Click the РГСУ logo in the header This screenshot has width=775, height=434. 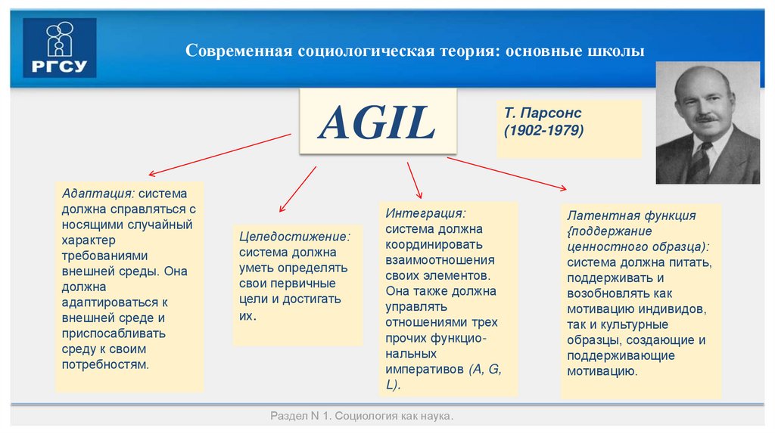59,48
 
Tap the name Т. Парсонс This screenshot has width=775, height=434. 543,113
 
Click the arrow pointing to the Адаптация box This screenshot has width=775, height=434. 219,154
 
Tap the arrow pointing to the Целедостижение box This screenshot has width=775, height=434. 297,189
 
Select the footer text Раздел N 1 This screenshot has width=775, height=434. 300,417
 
